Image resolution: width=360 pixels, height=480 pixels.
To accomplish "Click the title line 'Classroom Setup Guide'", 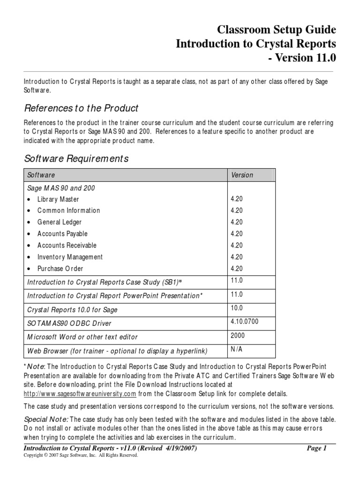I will click(276, 30).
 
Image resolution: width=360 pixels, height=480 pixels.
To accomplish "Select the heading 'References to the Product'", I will click(81, 108).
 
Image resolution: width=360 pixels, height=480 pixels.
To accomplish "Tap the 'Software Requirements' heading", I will click(76, 159).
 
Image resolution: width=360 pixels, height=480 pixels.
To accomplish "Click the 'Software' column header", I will click(41, 175).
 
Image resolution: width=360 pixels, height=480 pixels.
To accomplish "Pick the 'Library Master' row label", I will click(58, 199).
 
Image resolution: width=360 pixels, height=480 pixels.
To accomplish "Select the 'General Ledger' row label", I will click(59, 222).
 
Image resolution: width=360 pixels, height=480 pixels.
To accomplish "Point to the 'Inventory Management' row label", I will click(70, 257).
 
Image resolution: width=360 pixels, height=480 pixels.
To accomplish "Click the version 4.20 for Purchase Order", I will click(237, 269).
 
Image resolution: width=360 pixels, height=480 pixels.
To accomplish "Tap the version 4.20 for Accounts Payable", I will click(237, 234).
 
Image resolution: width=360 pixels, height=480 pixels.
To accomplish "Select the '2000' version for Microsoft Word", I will click(237, 336).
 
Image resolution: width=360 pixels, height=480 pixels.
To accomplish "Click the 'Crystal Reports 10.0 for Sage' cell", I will click(73, 310).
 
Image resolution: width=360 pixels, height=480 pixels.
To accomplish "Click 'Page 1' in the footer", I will click(316, 448).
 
